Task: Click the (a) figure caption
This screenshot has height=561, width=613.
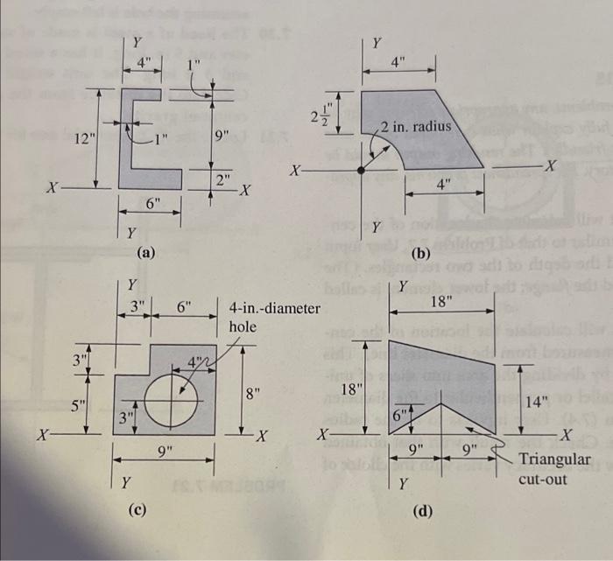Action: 146,253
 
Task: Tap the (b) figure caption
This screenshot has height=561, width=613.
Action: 422,254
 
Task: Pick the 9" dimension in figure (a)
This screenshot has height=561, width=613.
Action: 222,136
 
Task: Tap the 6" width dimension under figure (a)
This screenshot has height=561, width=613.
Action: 153,203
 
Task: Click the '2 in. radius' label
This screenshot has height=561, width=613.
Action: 415,126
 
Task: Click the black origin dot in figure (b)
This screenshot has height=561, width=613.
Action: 362,169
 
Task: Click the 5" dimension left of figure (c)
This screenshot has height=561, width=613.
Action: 78,406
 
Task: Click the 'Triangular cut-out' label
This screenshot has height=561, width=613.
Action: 554,469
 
